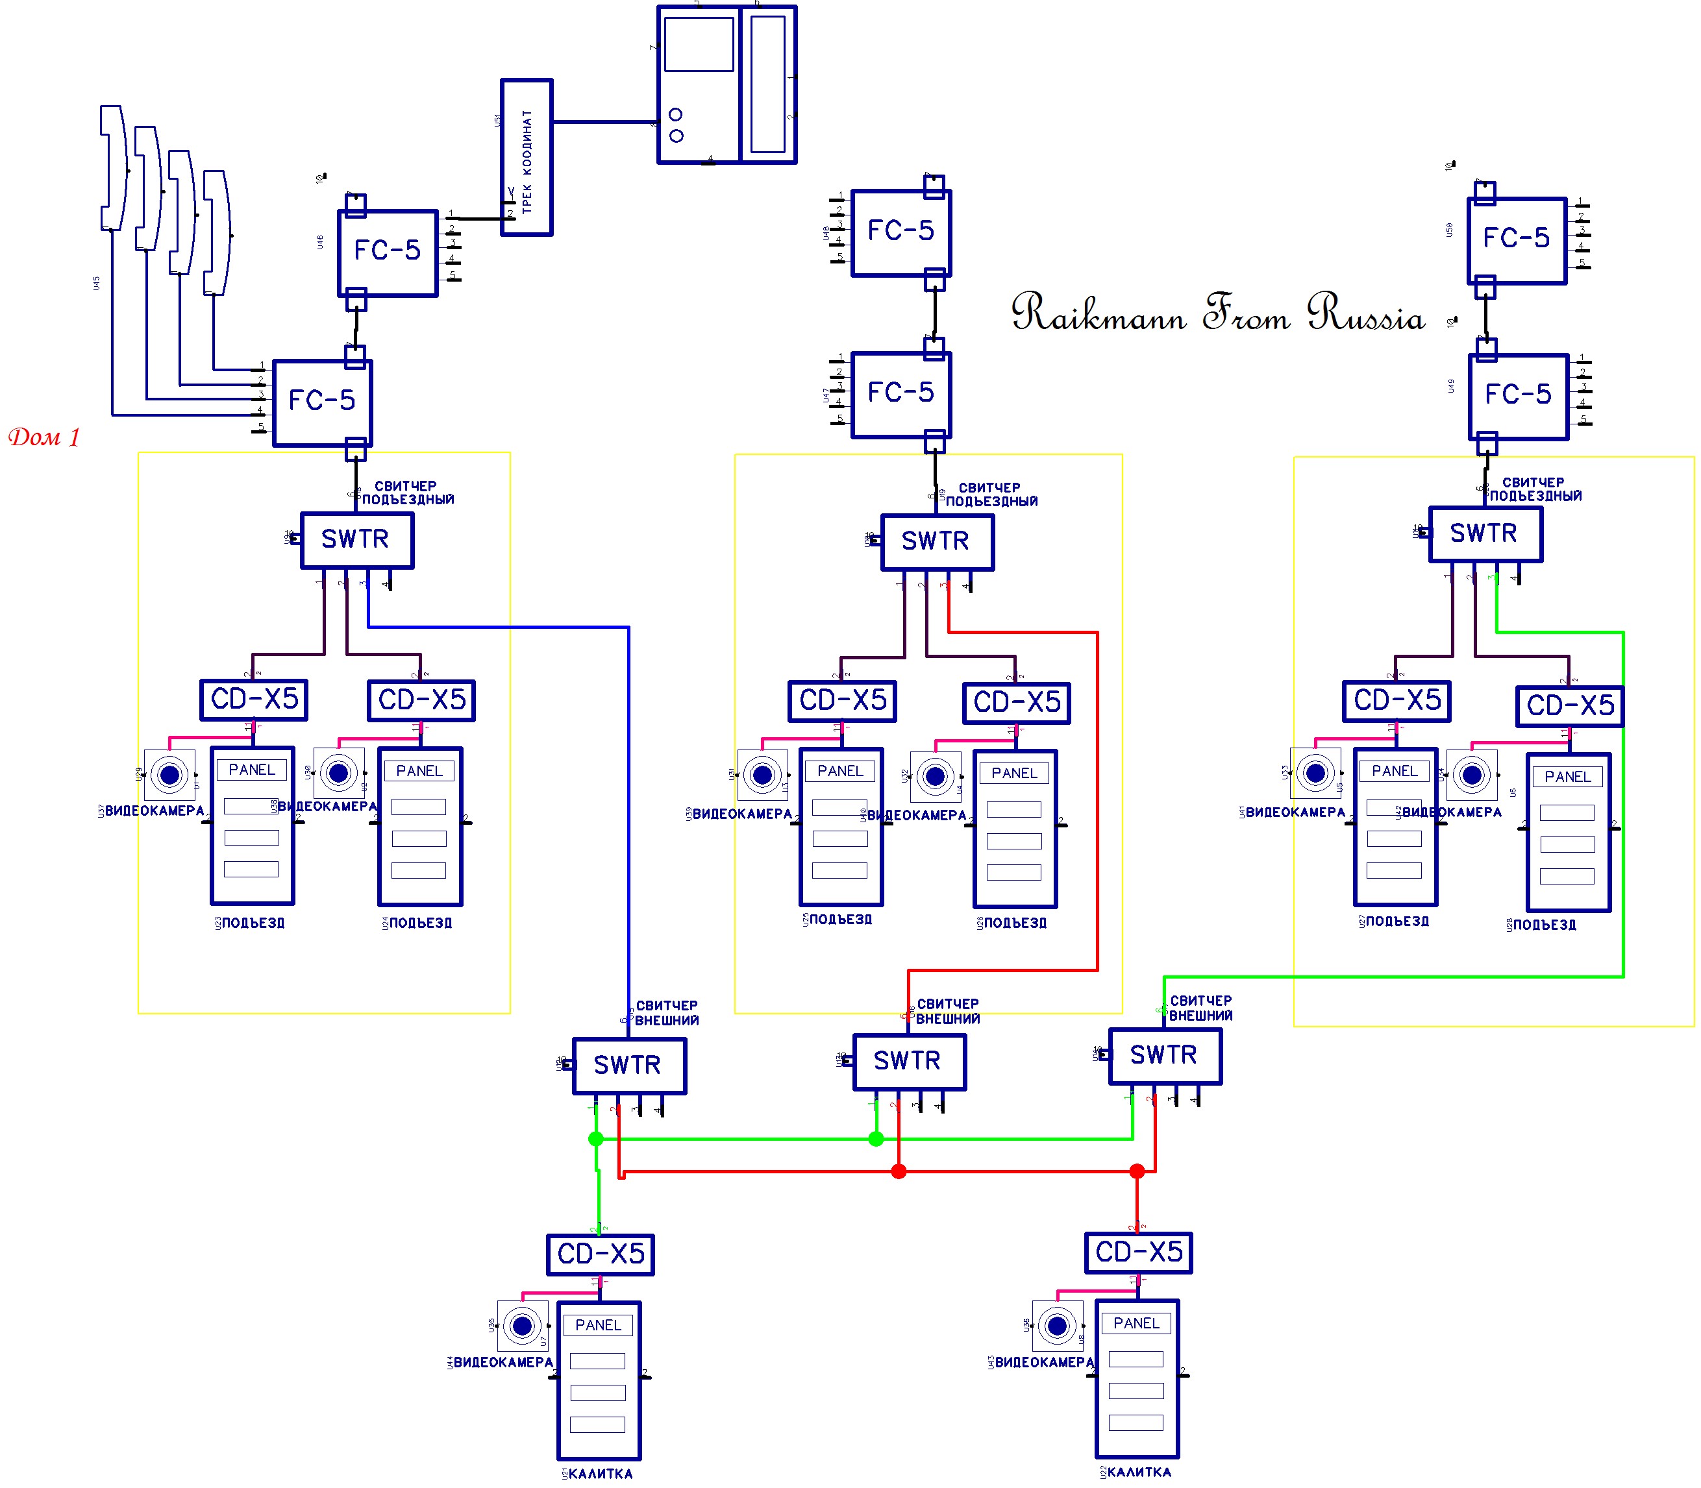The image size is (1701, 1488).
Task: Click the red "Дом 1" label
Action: (44, 437)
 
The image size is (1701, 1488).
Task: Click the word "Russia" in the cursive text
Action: (1365, 314)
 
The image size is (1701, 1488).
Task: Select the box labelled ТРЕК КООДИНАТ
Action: (527, 158)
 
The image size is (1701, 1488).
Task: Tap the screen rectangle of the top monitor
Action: (699, 44)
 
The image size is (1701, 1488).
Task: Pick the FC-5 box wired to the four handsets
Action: (322, 403)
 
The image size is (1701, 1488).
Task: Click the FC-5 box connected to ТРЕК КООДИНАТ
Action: (388, 252)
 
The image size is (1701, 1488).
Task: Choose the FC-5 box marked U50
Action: (1517, 241)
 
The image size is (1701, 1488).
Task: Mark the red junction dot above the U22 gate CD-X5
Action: (1137, 1171)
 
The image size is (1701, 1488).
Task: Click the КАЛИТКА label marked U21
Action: (601, 1473)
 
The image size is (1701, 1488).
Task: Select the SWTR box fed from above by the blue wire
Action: (628, 1066)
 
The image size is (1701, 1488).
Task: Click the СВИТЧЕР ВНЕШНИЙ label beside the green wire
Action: (1201, 1008)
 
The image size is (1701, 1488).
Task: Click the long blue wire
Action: (628, 814)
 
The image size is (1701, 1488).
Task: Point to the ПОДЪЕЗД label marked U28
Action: (1544, 925)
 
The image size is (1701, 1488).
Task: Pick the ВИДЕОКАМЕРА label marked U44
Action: (503, 1362)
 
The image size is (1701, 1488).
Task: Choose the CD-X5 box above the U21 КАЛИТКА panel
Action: (601, 1254)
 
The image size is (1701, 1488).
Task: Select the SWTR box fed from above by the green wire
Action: (1165, 1055)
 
